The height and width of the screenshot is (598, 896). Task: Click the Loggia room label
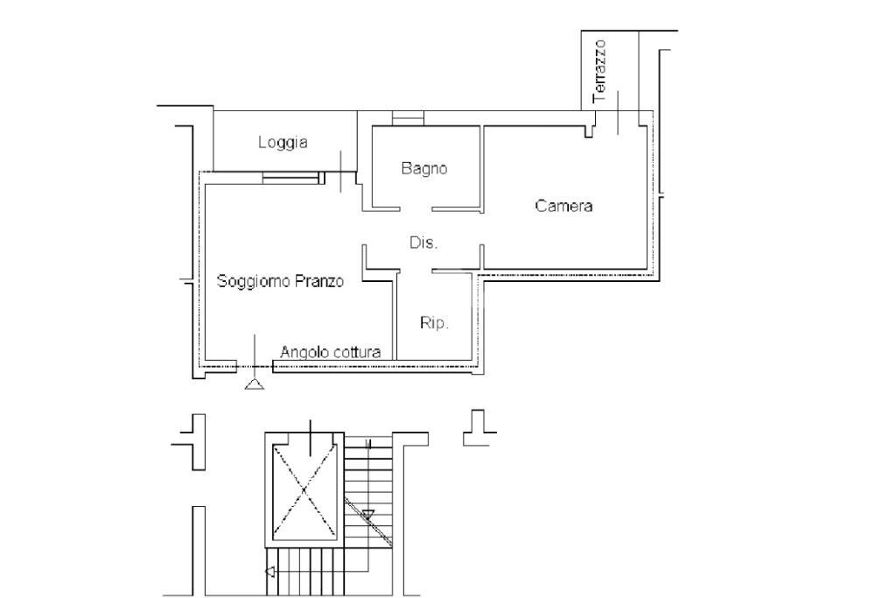point(283,143)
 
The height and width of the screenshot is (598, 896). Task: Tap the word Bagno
point(424,169)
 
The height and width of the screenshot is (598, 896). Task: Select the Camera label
point(563,207)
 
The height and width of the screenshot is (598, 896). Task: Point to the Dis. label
point(423,243)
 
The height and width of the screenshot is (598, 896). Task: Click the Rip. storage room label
point(435,323)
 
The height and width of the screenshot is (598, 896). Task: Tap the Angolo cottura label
point(330,352)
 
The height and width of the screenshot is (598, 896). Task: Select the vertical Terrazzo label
point(599,70)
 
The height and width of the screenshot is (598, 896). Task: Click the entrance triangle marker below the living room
point(255,383)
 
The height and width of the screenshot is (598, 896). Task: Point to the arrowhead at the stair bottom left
point(269,573)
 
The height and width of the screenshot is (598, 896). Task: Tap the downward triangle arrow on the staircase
point(368,514)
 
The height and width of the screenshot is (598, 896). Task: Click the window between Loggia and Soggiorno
point(291,178)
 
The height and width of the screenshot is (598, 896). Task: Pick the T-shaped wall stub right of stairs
point(479,424)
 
